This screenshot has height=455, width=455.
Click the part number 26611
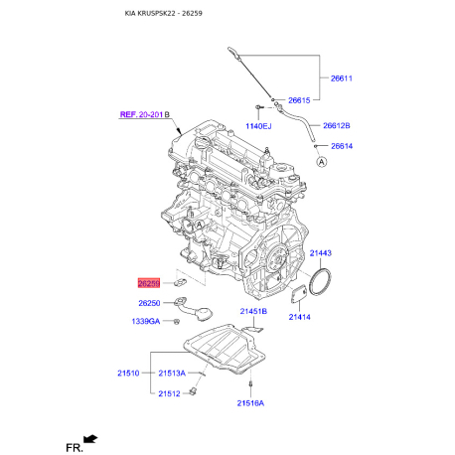pyautogui.click(x=341, y=78)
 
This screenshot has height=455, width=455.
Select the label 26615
pyautogui.click(x=299, y=100)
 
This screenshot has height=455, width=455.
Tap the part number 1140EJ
pyautogui.click(x=258, y=126)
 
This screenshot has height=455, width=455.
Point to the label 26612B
pyautogui.click(x=337, y=125)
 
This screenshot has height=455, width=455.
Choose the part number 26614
pyautogui.click(x=342, y=146)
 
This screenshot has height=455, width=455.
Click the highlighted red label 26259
pyautogui.click(x=149, y=283)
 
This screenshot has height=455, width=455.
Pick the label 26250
pyautogui.click(x=149, y=303)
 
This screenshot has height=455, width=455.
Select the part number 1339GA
pyautogui.click(x=146, y=321)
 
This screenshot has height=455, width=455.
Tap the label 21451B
pyautogui.click(x=253, y=311)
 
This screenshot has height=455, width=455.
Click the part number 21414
pyautogui.click(x=299, y=317)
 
